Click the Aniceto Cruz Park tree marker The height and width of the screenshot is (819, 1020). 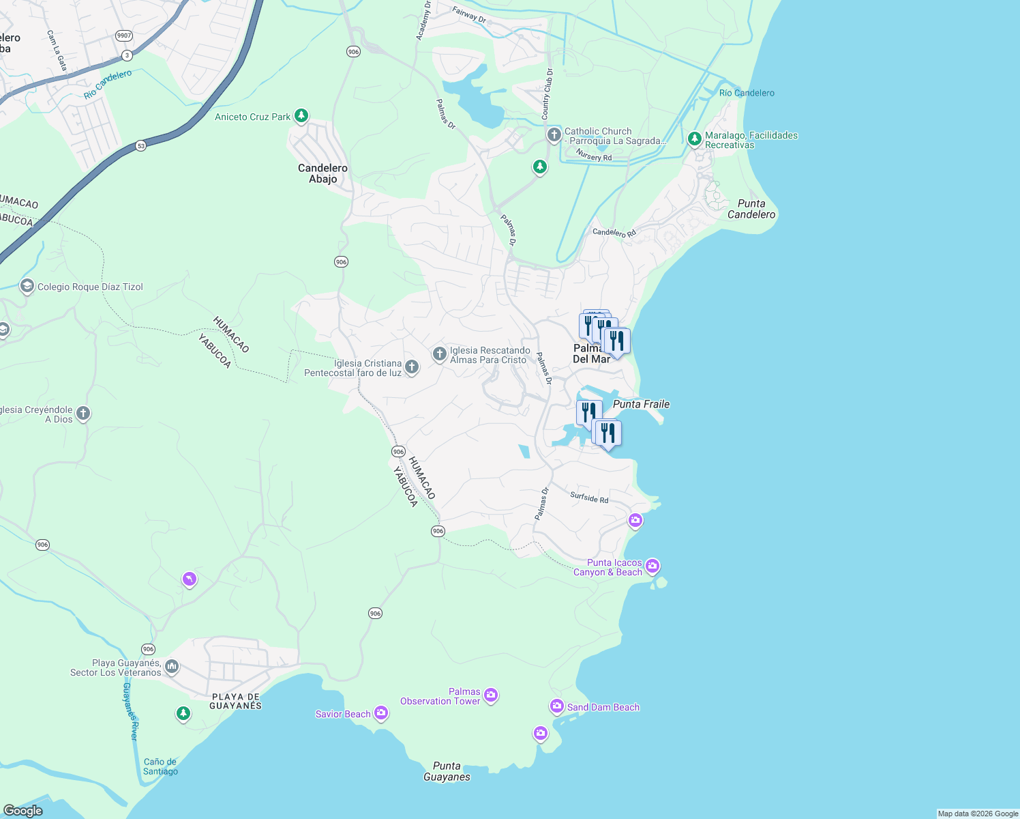point(301,116)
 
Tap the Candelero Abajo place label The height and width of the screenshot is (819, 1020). point(322,173)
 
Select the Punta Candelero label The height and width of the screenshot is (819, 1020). point(751,209)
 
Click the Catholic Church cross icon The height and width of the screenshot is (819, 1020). point(554,135)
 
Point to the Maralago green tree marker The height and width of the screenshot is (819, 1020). point(694,139)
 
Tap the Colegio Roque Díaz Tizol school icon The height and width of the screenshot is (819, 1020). point(27,286)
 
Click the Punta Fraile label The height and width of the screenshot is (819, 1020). point(641,404)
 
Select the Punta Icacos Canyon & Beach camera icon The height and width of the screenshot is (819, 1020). point(652,566)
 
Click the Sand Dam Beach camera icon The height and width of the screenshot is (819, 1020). point(557,706)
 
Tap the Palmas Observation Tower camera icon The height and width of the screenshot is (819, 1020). point(491,695)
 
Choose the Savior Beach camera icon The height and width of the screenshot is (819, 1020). point(381,713)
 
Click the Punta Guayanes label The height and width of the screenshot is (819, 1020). point(447,771)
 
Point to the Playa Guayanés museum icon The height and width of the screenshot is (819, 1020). point(172,666)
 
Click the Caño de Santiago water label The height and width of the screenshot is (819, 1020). point(160,766)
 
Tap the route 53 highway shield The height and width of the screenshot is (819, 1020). point(140,145)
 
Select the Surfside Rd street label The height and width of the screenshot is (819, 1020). point(589,498)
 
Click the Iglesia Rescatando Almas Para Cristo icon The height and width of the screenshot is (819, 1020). point(440,354)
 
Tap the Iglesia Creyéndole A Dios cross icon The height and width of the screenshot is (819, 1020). point(83,413)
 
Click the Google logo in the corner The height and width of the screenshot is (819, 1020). point(23,810)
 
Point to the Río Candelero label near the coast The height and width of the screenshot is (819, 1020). point(747,93)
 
